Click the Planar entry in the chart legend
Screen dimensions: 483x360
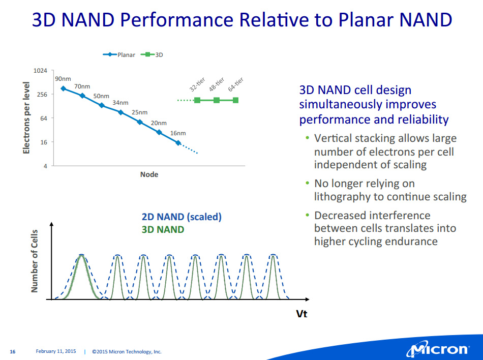coord(119,55)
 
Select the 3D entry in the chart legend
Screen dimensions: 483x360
coord(152,55)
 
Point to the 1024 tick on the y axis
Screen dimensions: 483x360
coord(40,71)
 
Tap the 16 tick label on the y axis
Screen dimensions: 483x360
coord(44,142)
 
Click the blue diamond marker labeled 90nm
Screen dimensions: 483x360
coord(63,88)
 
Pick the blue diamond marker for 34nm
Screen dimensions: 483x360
coord(121,112)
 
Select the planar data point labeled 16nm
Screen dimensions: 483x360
coord(178,142)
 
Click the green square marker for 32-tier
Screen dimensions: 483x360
coord(197,100)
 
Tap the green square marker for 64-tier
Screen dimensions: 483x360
coord(235,100)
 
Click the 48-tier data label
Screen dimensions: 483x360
coord(217,84)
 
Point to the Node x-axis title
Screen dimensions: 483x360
coord(149,174)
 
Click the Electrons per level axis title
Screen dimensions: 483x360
coord(26,118)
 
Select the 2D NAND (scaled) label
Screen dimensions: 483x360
coord(182,217)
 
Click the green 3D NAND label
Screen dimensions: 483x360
coord(163,230)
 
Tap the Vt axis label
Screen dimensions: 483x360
coord(301,314)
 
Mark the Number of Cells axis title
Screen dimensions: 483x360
coord(34,261)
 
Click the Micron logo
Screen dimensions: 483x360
coord(438,349)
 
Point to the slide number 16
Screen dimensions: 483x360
coord(13,352)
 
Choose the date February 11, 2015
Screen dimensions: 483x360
coord(56,351)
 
